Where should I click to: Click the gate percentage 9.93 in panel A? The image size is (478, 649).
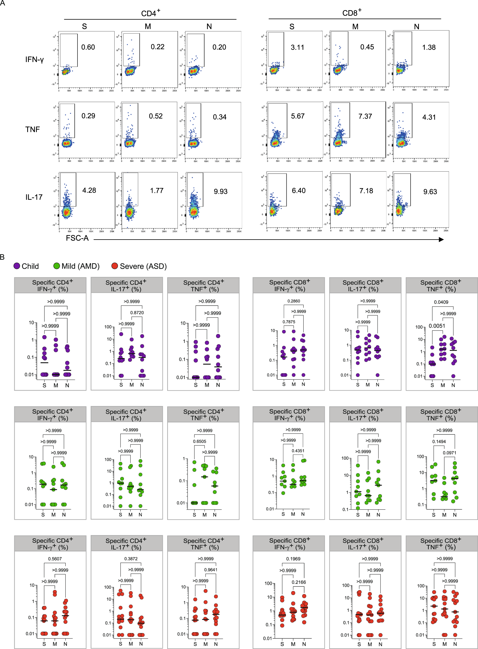click(x=221, y=192)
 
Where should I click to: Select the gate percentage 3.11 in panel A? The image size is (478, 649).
click(x=297, y=47)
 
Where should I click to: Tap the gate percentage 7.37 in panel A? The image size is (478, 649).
click(x=365, y=117)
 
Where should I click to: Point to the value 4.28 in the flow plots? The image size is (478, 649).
click(x=89, y=190)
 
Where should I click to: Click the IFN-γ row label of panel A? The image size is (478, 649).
click(x=34, y=60)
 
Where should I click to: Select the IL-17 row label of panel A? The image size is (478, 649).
click(x=34, y=197)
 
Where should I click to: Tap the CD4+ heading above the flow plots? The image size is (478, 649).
click(x=150, y=13)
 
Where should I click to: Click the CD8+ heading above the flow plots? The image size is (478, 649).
click(x=352, y=13)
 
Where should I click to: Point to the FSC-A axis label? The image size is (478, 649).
click(x=77, y=238)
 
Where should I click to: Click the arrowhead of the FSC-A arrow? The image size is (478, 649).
click(x=441, y=239)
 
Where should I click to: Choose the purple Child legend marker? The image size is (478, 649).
click(x=17, y=266)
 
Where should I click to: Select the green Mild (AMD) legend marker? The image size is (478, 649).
click(x=57, y=266)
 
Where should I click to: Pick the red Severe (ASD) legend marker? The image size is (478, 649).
click(x=115, y=266)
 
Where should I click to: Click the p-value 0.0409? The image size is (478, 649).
click(x=441, y=302)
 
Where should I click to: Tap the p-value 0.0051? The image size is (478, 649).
click(x=437, y=326)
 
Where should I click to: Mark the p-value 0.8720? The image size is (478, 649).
click(x=137, y=313)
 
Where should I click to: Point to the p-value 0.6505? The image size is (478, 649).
click(x=200, y=442)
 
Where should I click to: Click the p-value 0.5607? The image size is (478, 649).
click(x=55, y=559)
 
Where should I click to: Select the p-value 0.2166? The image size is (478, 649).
click(x=299, y=582)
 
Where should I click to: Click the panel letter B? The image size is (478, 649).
click(x=2, y=257)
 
